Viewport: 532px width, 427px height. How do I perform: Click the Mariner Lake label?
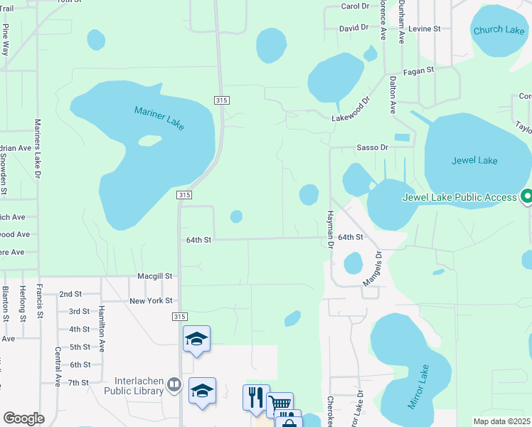159,117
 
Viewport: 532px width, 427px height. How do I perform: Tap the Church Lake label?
499,30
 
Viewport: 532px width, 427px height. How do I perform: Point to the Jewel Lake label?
474,160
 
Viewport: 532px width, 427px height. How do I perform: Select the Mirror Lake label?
418,387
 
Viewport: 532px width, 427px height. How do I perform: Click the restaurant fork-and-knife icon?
255,396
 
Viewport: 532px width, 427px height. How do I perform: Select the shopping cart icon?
279,404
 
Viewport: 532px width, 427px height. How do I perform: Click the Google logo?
23,418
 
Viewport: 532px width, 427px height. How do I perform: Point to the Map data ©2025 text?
501,421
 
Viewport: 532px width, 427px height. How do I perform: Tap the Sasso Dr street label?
372,147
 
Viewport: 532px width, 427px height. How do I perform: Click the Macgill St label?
155,275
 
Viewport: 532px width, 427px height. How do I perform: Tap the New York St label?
151,301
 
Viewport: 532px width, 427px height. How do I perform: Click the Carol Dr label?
356,6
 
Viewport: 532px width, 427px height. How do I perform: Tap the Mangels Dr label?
373,269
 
